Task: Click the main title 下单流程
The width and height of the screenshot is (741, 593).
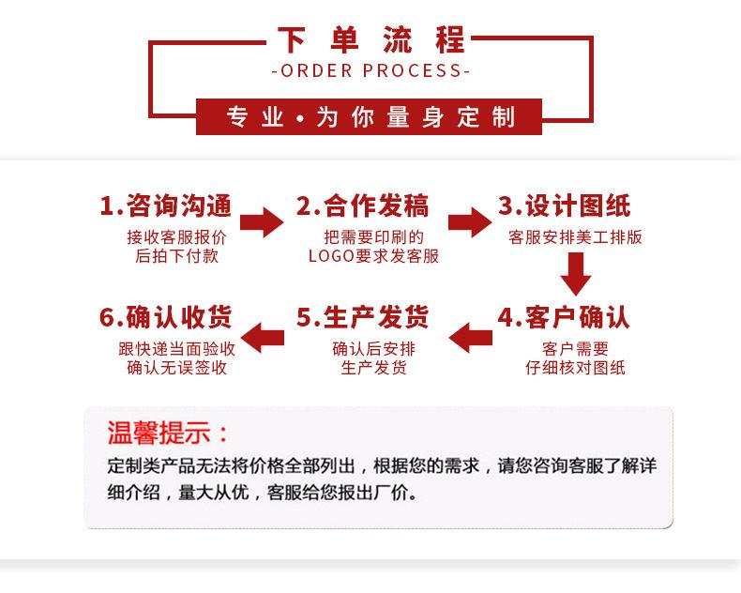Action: point(370,40)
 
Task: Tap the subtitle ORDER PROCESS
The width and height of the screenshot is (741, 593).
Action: point(370,71)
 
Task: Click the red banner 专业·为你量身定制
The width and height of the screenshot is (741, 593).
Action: point(370,117)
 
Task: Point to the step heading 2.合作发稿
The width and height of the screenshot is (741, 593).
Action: point(362,206)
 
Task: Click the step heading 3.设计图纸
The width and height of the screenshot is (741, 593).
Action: point(564,206)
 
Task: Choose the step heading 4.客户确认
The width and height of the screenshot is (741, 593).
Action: point(564,317)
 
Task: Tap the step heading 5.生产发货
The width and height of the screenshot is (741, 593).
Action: point(362,317)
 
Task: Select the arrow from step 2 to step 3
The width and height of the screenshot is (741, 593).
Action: point(469,221)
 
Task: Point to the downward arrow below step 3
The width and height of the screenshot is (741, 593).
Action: point(575,273)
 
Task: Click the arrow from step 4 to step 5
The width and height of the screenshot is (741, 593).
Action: point(469,335)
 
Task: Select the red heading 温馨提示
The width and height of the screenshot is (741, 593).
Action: point(169,433)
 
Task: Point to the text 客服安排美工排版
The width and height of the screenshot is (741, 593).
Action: point(575,237)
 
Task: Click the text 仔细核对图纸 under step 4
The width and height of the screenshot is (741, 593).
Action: point(575,368)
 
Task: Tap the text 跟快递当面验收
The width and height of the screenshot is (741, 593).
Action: point(176,348)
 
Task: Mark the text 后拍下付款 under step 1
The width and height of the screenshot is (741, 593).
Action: point(176,256)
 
